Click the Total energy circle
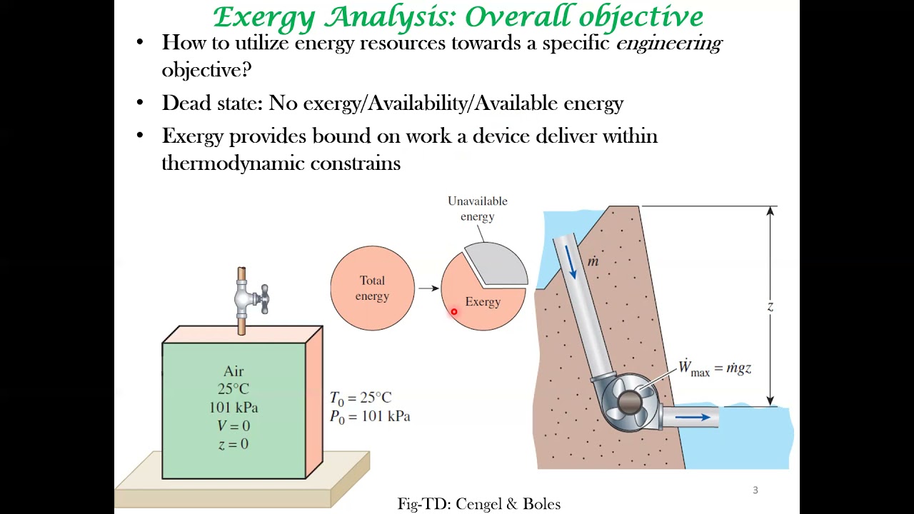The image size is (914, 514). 372,288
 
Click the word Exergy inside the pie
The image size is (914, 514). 483,302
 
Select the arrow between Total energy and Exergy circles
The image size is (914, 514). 428,288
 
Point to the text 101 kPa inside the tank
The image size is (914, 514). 233,408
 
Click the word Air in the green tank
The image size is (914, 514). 233,371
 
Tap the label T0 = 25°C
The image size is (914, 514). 361,398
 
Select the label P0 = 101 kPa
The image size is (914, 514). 370,416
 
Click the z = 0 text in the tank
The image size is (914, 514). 233,444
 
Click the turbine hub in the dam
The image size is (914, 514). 628,403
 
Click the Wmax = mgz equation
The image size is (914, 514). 714,369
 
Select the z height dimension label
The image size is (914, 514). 770,306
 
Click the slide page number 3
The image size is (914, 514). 755,490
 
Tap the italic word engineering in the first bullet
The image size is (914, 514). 668,43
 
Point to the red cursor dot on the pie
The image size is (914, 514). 453,312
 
